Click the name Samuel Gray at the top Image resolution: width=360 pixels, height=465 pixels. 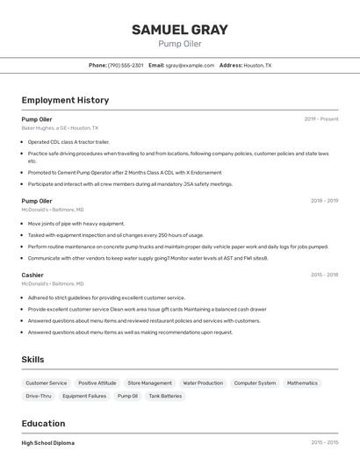pos(180,29)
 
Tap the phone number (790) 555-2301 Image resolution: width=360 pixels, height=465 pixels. pos(126,65)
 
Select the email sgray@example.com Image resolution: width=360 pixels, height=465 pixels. pos(191,65)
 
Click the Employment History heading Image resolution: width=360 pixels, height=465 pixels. pos(65,100)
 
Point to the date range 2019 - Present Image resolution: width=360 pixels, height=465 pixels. pos(321,119)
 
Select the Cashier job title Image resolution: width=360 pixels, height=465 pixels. pos(32,275)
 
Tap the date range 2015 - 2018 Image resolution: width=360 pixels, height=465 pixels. pos(324,275)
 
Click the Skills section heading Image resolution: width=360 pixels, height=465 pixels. pos(32,360)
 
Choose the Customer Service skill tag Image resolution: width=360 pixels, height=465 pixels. pos(46,383)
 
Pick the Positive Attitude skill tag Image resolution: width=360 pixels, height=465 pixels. pos(97,383)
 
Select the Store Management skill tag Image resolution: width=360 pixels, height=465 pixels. pos(149,383)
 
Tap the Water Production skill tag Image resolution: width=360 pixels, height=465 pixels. pos(203,383)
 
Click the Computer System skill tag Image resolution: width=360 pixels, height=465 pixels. pos(255,383)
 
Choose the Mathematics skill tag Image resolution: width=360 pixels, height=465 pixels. pos(302,383)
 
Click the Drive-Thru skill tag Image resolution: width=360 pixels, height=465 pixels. pos(39,397)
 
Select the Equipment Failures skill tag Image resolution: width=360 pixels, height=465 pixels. pos(84,397)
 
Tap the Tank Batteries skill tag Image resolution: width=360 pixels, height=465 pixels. pos(165,397)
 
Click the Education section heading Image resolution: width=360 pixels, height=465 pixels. pos(43,423)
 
